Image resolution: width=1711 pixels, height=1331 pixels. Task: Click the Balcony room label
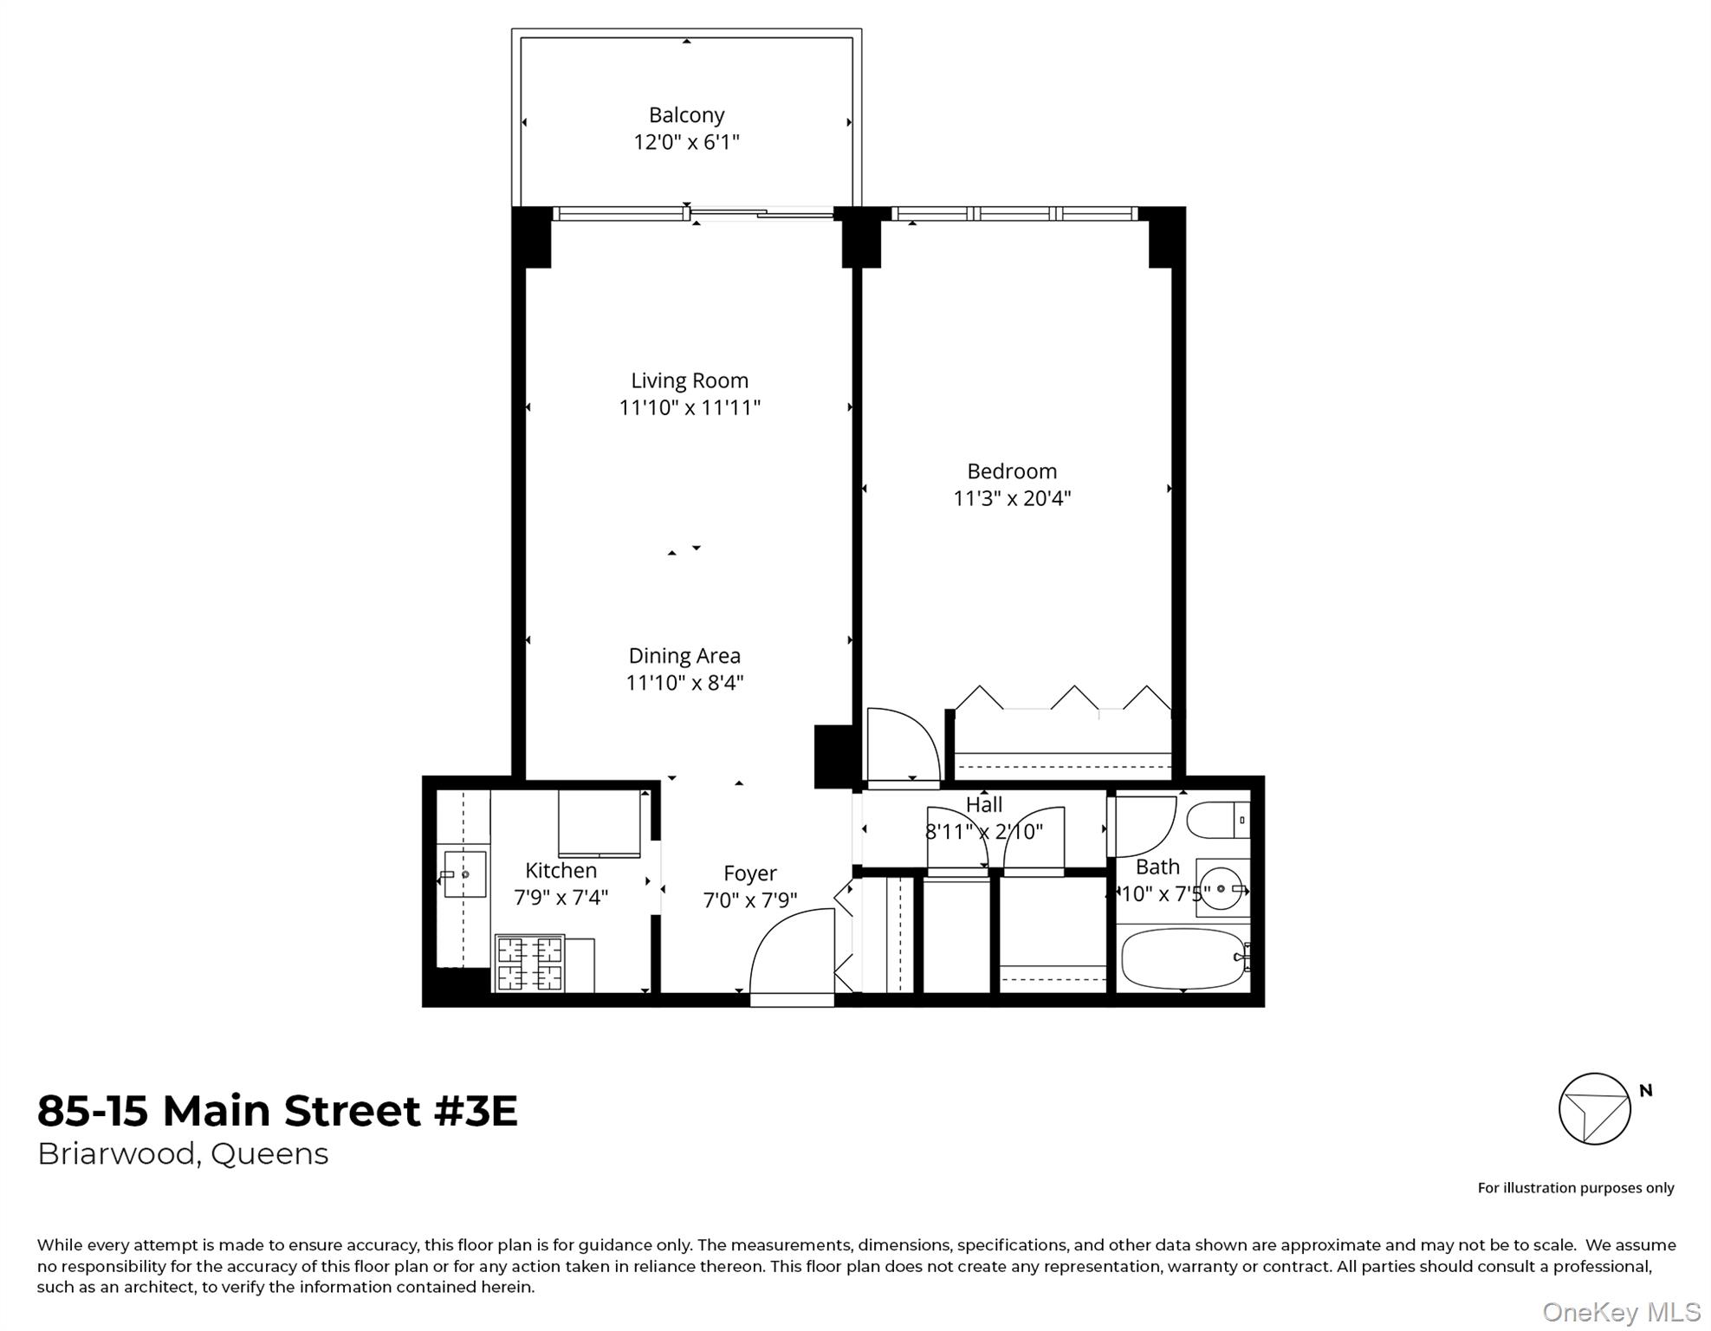coord(686,115)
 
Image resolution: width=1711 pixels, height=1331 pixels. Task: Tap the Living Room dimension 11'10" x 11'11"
coord(690,407)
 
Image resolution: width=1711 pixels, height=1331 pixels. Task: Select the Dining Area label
coord(684,656)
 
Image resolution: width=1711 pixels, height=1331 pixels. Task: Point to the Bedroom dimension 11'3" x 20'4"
coord(1012,498)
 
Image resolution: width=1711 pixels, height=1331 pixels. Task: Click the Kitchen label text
coord(561,870)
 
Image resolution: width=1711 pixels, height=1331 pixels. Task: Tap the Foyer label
coord(750,873)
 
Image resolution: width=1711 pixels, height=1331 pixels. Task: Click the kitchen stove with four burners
coord(529,963)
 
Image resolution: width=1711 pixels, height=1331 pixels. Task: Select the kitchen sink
coord(463,874)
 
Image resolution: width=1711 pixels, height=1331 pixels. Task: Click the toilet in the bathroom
coord(1218,820)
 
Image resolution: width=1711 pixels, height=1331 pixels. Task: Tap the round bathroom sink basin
coord(1222,888)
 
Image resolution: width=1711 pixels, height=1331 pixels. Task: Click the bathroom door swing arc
coord(1144,826)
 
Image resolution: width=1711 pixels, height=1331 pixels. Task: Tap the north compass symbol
coord(1594,1109)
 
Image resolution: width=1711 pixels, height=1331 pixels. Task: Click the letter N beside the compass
coord(1646,1091)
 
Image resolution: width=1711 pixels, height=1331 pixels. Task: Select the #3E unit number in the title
coord(476,1111)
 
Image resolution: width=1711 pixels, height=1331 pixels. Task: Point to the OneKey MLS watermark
coord(1621,1313)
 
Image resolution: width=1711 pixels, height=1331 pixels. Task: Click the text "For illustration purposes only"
coord(1575,1188)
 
